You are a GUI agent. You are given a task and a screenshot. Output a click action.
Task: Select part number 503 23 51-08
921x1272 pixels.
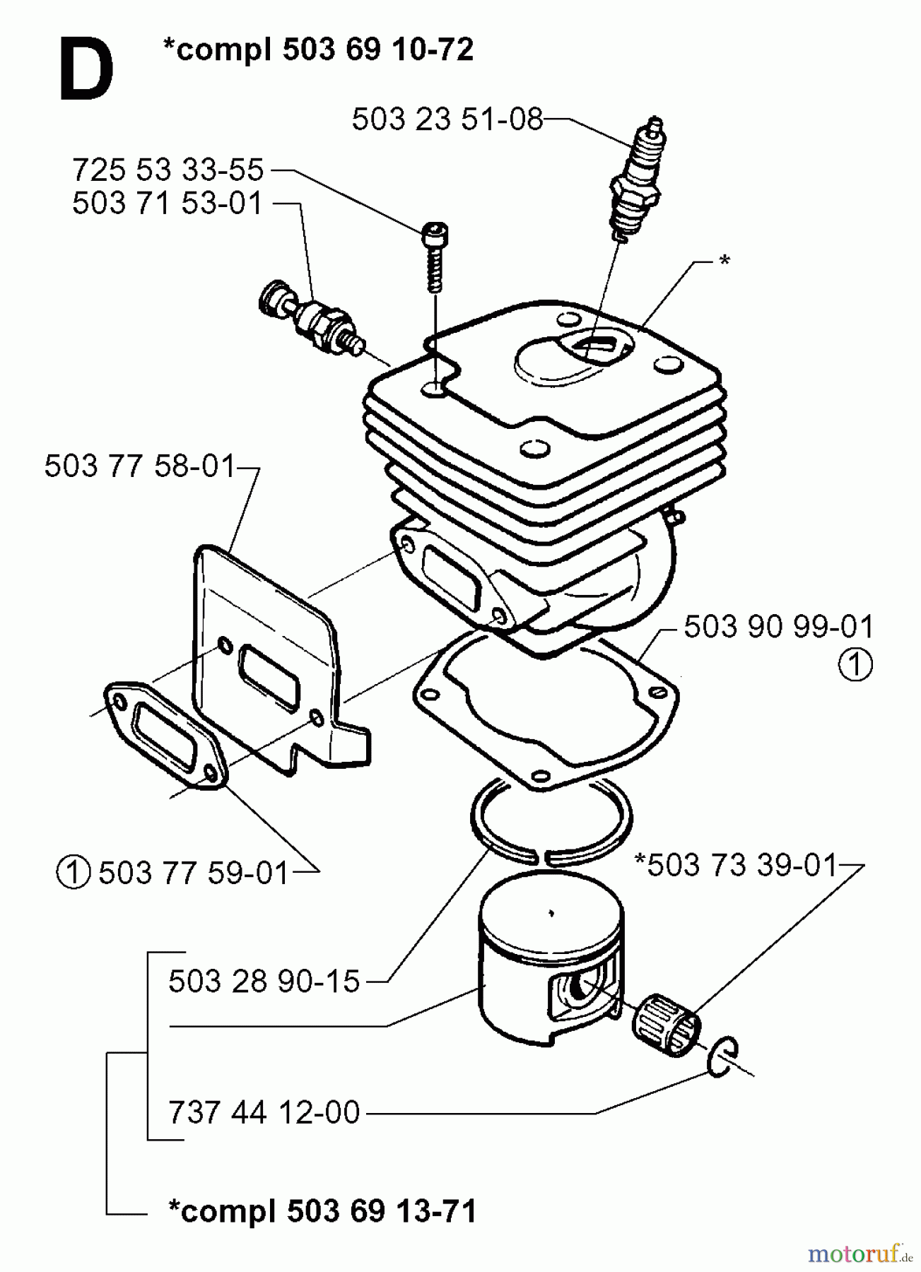click(447, 119)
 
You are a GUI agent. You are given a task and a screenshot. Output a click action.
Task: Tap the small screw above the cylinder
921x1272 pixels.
click(435, 254)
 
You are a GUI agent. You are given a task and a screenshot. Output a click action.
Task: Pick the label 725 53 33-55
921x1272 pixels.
click(168, 170)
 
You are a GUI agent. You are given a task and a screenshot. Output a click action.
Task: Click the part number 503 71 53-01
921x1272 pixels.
click(168, 204)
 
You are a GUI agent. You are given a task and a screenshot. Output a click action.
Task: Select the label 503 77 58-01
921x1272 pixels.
click(139, 466)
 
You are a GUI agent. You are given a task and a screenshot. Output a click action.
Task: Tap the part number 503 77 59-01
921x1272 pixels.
click(194, 873)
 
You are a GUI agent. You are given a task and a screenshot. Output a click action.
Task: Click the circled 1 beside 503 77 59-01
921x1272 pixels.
click(72, 873)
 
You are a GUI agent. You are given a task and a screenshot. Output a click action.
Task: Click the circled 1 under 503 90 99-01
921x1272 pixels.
click(855, 665)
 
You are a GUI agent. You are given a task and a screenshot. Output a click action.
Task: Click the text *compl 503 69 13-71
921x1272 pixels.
click(322, 1211)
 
